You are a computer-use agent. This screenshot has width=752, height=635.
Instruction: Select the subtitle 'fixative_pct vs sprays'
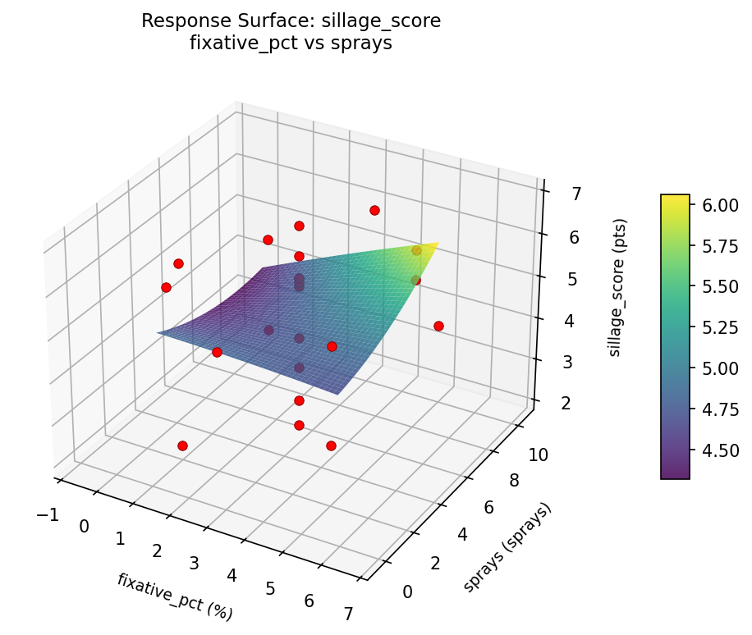pos(291,43)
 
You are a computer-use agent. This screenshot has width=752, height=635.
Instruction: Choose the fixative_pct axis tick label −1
pos(48,514)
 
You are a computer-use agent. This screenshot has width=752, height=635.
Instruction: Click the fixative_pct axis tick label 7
pos(348,614)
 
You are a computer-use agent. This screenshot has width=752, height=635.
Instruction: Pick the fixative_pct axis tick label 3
pos(195,563)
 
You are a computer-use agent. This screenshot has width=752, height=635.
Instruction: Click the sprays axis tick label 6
pos(488,508)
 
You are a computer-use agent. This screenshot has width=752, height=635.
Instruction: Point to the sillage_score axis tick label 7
pos(576,194)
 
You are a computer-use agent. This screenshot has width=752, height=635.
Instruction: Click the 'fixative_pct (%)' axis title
pos(175,596)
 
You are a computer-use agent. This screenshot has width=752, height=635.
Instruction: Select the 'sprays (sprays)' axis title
pos(507,547)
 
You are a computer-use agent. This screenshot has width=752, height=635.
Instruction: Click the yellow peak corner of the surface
pos(438,243)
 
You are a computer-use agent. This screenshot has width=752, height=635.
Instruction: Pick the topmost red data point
pos(374,210)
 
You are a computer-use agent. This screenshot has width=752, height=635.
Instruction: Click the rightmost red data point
pos(438,326)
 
